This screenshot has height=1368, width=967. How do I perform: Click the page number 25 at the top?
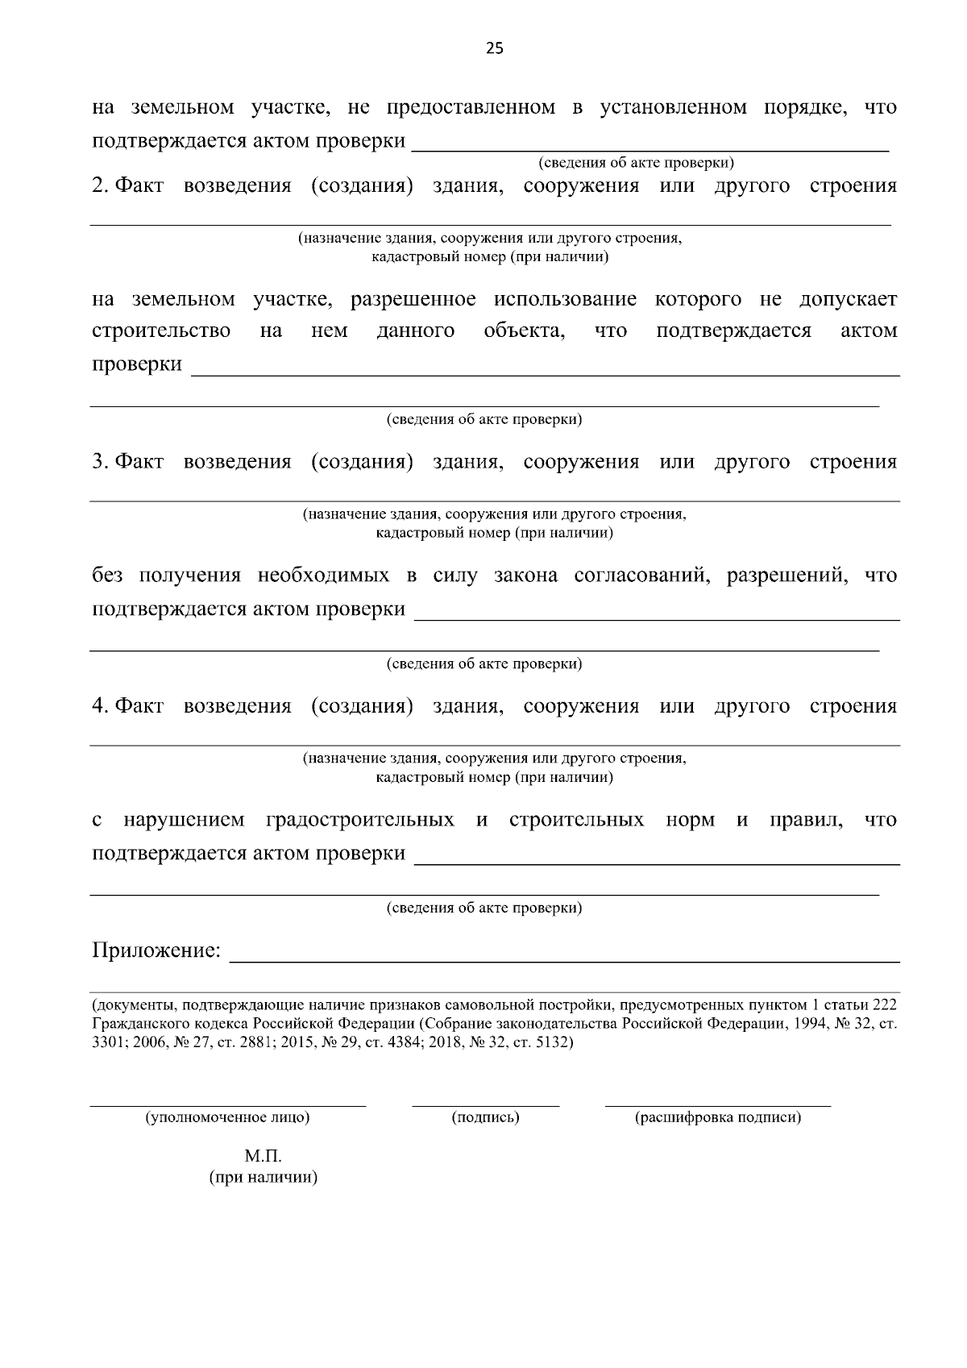point(494,48)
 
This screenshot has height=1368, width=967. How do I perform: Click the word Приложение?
point(156,951)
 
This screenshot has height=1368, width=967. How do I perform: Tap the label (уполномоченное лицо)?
point(227,1118)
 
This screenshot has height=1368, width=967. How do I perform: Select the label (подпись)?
point(485,1118)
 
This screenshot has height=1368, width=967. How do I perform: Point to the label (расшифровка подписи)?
point(718,1118)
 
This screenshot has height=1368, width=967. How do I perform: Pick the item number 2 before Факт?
point(99,186)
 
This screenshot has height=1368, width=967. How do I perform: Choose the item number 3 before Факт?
point(99,462)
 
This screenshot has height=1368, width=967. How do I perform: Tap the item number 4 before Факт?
point(99,706)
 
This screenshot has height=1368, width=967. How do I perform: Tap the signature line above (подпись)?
point(485,1106)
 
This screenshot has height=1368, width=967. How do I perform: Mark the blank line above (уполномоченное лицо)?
point(227,1106)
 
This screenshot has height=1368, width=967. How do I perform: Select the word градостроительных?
point(359,821)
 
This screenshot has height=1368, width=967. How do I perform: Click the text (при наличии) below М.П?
point(264,1178)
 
